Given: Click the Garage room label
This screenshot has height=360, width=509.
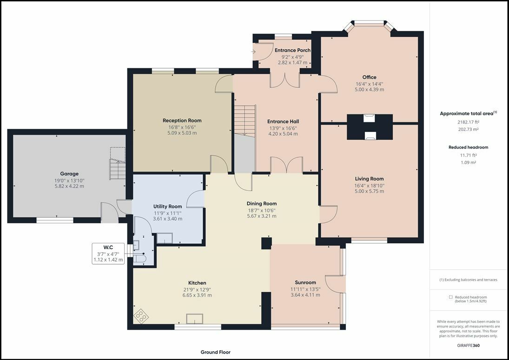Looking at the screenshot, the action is [69, 174].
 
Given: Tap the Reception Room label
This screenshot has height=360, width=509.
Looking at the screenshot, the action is [182, 121].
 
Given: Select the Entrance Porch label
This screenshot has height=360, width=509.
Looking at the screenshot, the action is [292, 50].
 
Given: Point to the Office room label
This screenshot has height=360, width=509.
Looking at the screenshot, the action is [370, 77].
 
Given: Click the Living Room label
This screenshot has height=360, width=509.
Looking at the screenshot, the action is [370, 179].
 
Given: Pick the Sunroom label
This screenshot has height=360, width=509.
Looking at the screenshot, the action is [305, 282].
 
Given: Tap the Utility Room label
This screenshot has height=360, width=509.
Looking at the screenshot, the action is [167, 207].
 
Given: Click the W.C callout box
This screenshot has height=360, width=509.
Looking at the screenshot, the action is [108, 253].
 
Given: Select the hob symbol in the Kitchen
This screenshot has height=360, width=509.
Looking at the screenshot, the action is [141, 315].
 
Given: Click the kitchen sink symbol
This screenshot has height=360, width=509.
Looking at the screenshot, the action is [194, 319].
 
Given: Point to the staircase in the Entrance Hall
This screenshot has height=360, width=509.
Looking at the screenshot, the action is [245, 120].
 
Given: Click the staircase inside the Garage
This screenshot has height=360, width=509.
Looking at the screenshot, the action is [118, 164].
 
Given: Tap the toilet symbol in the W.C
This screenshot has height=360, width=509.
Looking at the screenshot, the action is [140, 258].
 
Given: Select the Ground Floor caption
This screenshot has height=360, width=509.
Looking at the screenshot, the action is [216, 352].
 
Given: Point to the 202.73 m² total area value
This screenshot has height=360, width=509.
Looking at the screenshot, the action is [468, 129].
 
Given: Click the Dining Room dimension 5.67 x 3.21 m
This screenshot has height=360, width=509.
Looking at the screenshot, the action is [262, 216].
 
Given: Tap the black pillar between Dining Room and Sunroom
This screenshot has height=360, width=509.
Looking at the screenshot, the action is [266, 243].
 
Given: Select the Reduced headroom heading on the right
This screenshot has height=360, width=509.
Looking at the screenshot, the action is [468, 147].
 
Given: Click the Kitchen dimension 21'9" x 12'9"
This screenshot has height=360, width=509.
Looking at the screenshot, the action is [197, 289].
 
